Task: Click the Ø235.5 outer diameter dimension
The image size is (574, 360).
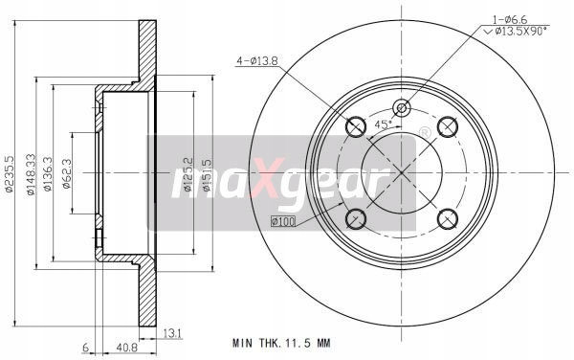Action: (x=9, y=175)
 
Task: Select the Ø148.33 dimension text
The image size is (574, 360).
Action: (x=32, y=175)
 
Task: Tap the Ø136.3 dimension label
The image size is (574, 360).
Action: (x=48, y=175)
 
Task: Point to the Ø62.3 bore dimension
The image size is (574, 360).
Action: (x=66, y=173)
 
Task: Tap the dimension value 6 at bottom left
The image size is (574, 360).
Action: (x=85, y=348)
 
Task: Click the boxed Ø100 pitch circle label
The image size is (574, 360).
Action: (x=284, y=223)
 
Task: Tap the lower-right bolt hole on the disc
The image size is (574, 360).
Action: (x=447, y=218)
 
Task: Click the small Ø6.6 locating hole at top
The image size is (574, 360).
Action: (x=401, y=107)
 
